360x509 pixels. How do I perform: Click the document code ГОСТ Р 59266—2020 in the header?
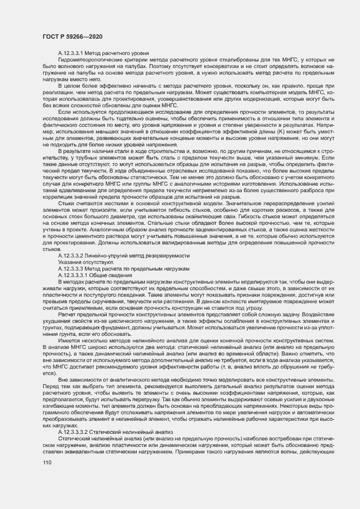tap(72, 36)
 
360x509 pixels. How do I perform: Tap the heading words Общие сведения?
tap(115, 275)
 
